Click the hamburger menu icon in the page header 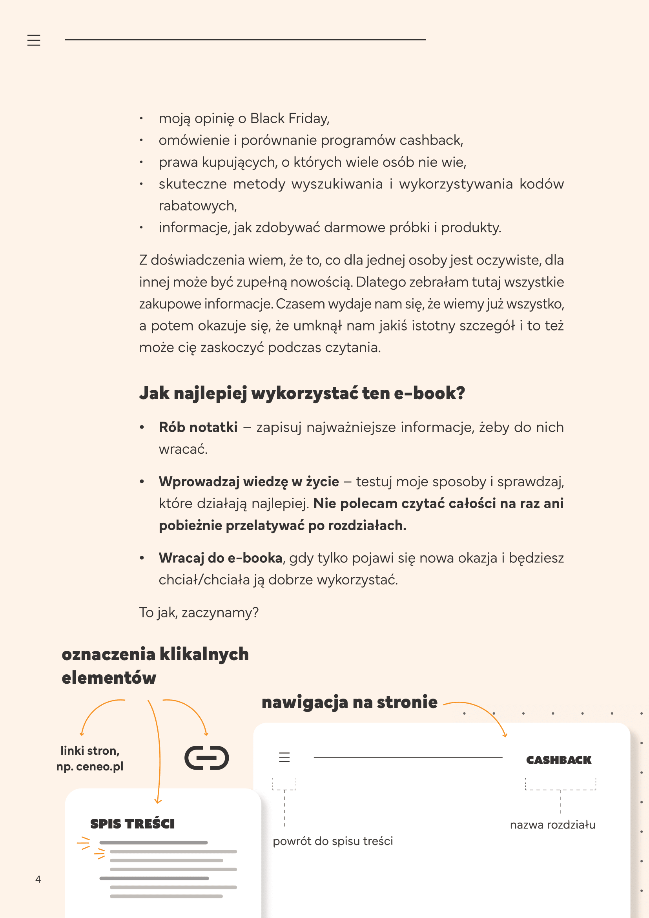pyautogui.click(x=34, y=40)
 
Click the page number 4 pyautogui.click(x=38, y=879)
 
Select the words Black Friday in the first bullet pyautogui.click(x=290, y=119)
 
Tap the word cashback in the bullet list pyautogui.click(x=431, y=141)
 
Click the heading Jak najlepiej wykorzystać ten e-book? pyautogui.click(x=302, y=393)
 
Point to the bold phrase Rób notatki pyautogui.click(x=198, y=427)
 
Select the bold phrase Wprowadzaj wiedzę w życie pyautogui.click(x=248, y=482)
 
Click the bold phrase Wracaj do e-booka pyautogui.click(x=221, y=558)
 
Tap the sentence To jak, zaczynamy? pyautogui.click(x=199, y=613)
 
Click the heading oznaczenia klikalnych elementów pyautogui.click(x=155, y=666)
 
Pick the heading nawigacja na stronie pyautogui.click(x=349, y=703)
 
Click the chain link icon pyautogui.click(x=207, y=757)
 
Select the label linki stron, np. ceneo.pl pyautogui.click(x=90, y=759)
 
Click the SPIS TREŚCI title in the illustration pyautogui.click(x=132, y=824)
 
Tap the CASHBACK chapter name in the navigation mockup pyautogui.click(x=559, y=760)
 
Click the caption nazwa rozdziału pyautogui.click(x=553, y=825)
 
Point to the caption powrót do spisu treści pyautogui.click(x=333, y=841)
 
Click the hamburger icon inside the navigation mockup pyautogui.click(x=284, y=757)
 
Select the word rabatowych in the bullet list pyautogui.click(x=198, y=206)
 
